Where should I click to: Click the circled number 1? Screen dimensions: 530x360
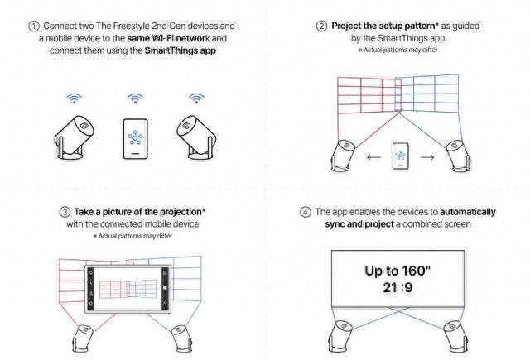(33, 26)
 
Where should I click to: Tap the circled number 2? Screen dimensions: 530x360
(321, 26)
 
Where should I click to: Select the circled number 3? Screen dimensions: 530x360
(65, 212)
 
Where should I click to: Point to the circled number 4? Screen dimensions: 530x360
(306, 212)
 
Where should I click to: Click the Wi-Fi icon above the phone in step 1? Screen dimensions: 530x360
(135, 98)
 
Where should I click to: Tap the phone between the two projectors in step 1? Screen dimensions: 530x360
(135, 138)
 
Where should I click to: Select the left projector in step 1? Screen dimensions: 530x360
(74, 138)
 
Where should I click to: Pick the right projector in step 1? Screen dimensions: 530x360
(196, 138)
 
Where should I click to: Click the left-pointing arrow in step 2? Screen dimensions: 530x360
(373, 157)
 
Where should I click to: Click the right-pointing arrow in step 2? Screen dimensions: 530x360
(427, 157)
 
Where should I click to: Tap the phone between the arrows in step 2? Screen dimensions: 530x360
(401, 156)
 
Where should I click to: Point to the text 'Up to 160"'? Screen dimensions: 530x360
(397, 271)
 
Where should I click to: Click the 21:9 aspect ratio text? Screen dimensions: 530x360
(397, 288)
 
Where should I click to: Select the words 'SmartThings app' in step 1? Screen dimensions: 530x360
(181, 50)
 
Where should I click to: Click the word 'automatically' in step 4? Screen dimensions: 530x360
(468, 212)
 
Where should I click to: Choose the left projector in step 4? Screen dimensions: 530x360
(340, 337)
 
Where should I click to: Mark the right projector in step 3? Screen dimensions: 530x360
(181, 338)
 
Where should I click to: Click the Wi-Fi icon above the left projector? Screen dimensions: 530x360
(74, 98)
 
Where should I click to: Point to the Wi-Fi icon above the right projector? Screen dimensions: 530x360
(196, 98)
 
